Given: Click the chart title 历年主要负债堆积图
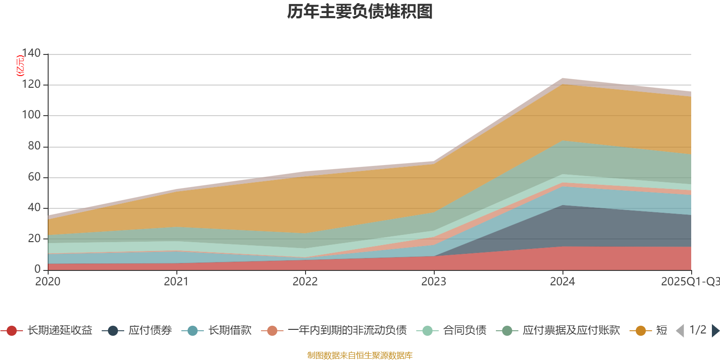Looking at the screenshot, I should coord(360,12).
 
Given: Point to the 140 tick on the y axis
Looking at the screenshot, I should coord(31,53).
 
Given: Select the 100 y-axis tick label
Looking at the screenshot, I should coord(31,115).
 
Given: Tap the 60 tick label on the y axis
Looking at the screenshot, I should coord(34,177).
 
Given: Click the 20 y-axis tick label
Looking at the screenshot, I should coord(34,238).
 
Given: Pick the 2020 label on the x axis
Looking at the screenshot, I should coord(48,282).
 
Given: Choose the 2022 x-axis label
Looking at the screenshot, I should coord(305,282).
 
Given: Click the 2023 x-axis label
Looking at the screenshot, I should coord(434,282).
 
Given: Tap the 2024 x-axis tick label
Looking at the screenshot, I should coord(562,282).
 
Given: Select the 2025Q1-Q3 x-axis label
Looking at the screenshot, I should coord(690,282).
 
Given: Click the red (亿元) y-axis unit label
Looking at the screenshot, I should coord(20,66).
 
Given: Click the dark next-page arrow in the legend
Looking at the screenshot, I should coord(715,331).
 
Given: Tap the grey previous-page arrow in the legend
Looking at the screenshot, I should coord(680,331).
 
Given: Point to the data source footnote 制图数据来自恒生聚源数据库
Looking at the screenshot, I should coord(360,355).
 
